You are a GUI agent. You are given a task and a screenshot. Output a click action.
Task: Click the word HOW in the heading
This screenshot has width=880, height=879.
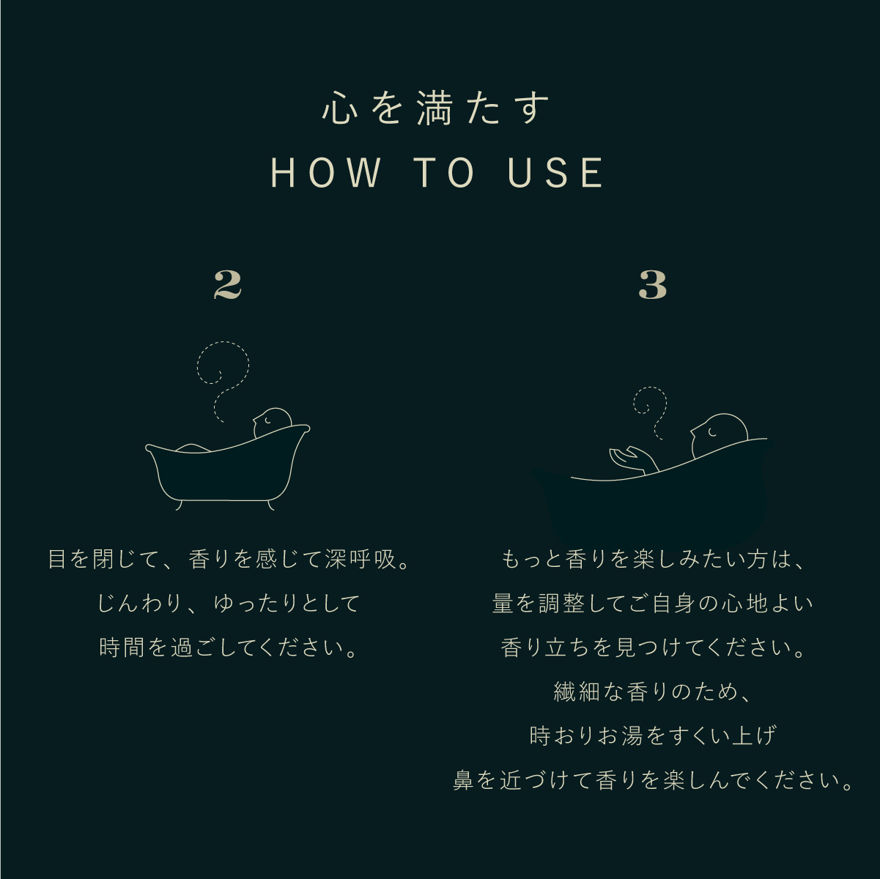point(325,173)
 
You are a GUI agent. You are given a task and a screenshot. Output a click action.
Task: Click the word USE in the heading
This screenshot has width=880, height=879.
point(556,173)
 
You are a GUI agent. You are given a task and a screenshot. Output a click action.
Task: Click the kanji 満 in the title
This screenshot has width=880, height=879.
point(437,108)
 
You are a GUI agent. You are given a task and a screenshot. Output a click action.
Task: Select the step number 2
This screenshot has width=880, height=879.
point(227,285)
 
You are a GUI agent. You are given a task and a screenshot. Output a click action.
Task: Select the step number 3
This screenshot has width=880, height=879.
point(652,285)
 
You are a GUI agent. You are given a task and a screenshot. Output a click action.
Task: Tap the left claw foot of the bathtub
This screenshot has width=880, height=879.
point(180,505)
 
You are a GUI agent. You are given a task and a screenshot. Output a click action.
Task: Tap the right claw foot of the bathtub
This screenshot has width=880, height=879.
point(271,505)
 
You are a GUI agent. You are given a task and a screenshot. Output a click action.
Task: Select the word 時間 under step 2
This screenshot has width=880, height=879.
point(122,648)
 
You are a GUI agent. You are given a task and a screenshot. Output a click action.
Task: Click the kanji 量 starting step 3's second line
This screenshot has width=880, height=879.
point(503,604)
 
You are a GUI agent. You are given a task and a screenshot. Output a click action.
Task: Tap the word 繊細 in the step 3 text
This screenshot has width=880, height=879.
point(577,692)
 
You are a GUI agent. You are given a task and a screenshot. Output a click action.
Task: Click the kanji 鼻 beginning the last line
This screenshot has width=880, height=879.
point(464,780)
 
